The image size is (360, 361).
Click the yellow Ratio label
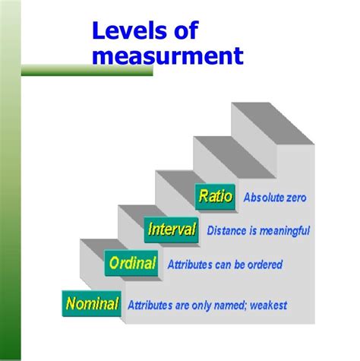click(x=215, y=196)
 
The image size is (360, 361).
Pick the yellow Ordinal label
click(x=132, y=264)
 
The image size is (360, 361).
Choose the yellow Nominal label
click(x=92, y=304)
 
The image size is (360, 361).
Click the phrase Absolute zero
click(x=273, y=198)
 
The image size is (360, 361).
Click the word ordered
click(x=265, y=265)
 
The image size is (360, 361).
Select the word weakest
click(x=268, y=306)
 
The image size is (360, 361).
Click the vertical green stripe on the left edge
click(x=9, y=182)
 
